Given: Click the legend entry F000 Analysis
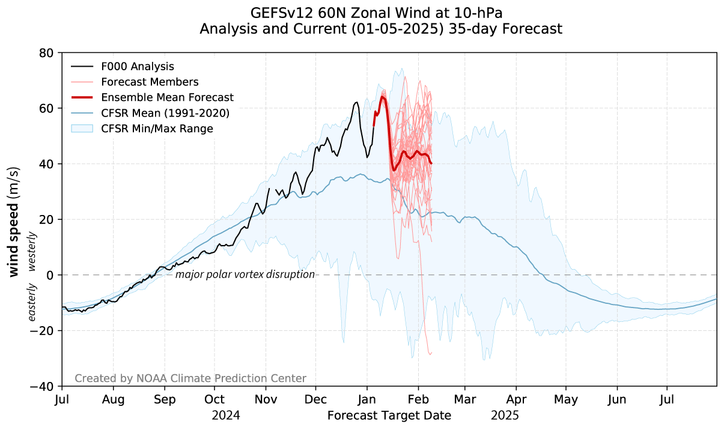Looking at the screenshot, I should [x=138, y=66].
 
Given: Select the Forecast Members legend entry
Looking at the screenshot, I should [x=150, y=82].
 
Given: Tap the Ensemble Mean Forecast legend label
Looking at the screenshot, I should [x=167, y=97].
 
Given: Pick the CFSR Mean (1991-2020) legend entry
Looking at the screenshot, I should [x=165, y=113].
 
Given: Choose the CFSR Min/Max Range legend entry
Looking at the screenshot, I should [x=157, y=129].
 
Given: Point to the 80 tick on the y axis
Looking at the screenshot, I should [x=47, y=53].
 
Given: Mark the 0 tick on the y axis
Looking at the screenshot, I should [x=50, y=275].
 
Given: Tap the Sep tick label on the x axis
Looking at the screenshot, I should [x=165, y=399].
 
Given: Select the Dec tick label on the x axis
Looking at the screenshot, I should [x=315, y=399].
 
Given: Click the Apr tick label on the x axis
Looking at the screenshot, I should [x=516, y=399].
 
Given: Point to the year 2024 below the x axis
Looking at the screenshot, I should [x=226, y=415].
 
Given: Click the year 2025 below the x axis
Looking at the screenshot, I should [x=505, y=415].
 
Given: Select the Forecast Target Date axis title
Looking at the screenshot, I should [x=389, y=415].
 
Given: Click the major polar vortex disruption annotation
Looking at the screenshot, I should [x=245, y=274].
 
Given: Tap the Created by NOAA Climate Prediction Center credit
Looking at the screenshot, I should [x=190, y=378].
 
